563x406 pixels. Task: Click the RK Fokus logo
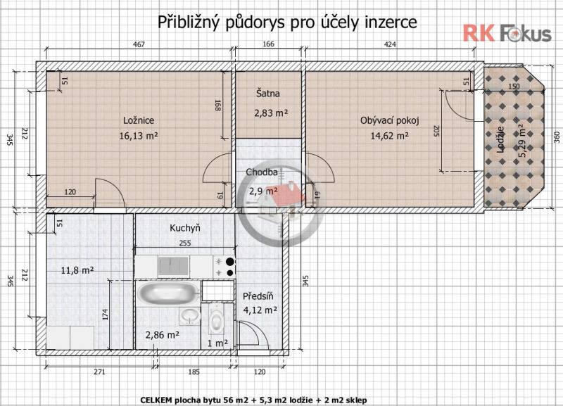pos(507,33)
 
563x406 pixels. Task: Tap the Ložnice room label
pos(139,120)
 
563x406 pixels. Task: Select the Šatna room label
pos(268,94)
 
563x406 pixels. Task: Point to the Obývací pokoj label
pos(390,120)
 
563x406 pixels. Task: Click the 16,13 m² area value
pos(139,136)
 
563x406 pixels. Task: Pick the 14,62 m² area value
pos(390,136)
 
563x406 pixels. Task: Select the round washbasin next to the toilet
pos(190,316)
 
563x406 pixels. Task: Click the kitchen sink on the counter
pos(174,267)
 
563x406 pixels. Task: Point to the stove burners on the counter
pos(224,267)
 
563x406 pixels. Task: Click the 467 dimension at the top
pos(139,44)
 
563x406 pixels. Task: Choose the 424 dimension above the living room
pos(390,44)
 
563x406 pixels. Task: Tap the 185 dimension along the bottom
pos(194,372)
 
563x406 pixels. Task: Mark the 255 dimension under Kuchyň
pos(185,243)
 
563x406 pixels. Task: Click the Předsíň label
pos(258,296)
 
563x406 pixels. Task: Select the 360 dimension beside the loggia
pos(557,137)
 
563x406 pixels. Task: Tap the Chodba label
pos(261,172)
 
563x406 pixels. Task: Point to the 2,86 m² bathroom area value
pos(163,335)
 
